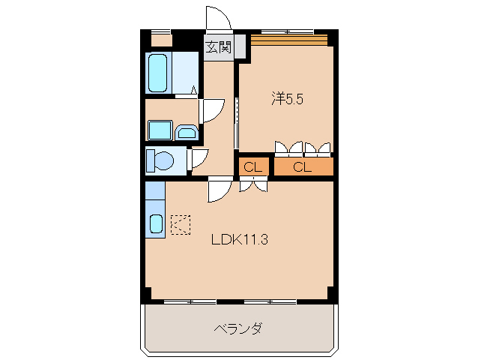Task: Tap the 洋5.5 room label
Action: pos(287,98)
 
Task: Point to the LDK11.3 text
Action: pos(239,240)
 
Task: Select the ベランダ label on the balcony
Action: pos(238,328)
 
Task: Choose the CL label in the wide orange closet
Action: pos(303,166)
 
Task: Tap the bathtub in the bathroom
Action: pos(158,72)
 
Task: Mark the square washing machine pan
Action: pos(160,130)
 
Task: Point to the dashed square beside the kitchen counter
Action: pos(181,223)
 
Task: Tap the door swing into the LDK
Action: pos(220,189)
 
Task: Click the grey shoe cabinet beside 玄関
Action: pos(240,47)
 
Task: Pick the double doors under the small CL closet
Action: pos(252,184)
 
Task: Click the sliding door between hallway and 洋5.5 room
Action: pos(237,124)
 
